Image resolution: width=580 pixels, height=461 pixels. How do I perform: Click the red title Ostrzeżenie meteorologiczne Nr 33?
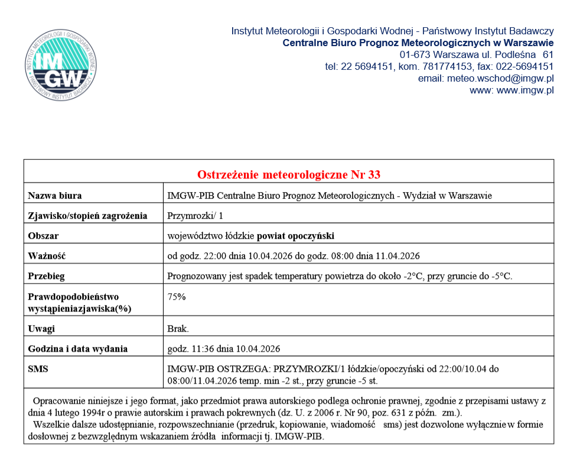pos(288,174)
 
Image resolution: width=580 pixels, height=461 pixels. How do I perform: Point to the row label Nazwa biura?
pos(55,196)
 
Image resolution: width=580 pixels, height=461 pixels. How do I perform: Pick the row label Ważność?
pos(46,256)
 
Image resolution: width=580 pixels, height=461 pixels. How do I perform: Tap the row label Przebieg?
pos(47,276)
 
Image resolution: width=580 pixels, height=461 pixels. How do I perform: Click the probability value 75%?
pos(177,297)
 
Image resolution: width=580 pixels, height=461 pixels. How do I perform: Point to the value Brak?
pos(178,329)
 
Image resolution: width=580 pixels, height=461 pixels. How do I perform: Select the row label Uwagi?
pos(41,329)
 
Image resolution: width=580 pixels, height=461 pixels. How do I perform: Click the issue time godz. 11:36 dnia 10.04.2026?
pos(224,349)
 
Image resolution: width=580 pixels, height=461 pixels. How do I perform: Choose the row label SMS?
pos(38,369)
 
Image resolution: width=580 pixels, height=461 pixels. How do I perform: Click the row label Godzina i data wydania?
pos(78,349)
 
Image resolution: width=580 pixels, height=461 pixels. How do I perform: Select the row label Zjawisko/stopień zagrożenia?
pos(87,216)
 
